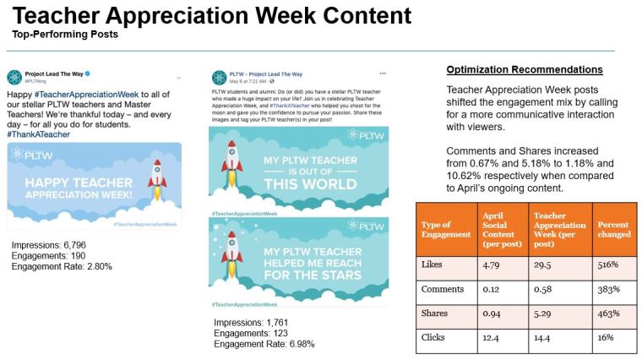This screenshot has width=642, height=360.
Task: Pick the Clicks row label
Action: pyautogui.click(x=433, y=339)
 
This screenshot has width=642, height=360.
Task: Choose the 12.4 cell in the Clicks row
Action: pyautogui.click(x=491, y=339)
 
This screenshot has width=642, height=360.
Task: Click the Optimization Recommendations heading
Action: pyautogui.click(x=524, y=69)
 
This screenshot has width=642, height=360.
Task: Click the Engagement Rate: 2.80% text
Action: pyautogui.click(x=62, y=266)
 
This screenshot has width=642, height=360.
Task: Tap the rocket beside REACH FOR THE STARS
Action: pyautogui.click(x=233, y=257)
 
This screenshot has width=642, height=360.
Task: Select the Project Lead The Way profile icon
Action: pyautogui.click(x=14, y=78)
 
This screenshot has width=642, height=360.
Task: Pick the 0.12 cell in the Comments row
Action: pyautogui.click(x=490, y=290)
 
